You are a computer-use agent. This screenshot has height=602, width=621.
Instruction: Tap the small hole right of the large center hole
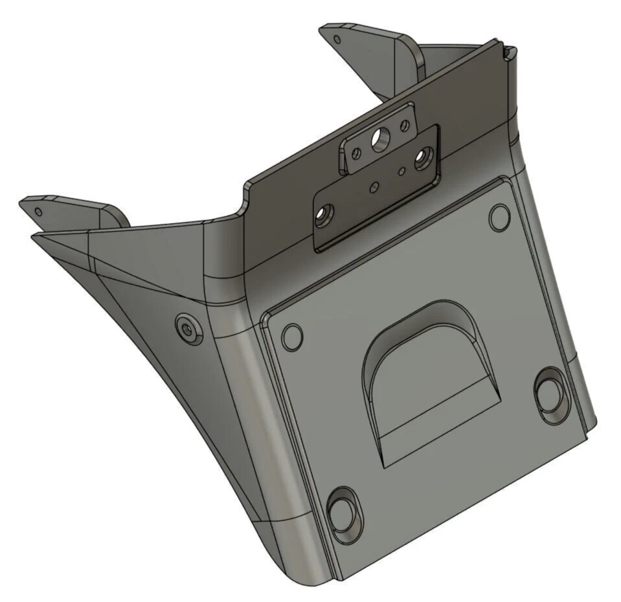405,125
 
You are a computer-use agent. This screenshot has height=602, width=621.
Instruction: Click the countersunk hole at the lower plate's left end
322,213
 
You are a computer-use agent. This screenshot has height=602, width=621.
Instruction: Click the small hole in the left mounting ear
39,211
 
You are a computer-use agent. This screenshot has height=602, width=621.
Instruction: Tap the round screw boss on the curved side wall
188,329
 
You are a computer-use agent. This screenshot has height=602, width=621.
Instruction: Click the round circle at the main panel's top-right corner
499,217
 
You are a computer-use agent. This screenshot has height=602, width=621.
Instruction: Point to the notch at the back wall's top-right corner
508,49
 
